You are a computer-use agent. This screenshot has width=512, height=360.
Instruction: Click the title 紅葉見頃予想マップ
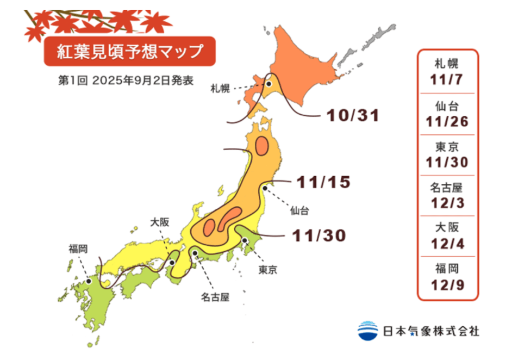click(x=130, y=52)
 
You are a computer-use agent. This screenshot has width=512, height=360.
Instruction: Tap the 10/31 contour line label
click(x=352, y=115)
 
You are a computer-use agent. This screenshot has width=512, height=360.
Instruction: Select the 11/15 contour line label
click(x=322, y=182)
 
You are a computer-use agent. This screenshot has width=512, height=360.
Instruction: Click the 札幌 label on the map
click(x=220, y=89)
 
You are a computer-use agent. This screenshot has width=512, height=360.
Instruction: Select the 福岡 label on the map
click(x=78, y=249)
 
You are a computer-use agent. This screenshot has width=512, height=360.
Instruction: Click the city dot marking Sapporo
click(x=269, y=84)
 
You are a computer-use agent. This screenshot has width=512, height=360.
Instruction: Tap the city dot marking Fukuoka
click(x=89, y=281)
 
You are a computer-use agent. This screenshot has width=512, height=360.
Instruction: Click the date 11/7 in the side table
click(x=447, y=79)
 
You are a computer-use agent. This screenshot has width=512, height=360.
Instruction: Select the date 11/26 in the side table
click(x=447, y=121)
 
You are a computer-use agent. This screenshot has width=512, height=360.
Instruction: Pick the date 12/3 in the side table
click(x=447, y=203)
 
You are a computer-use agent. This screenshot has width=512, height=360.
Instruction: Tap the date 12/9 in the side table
click(x=447, y=285)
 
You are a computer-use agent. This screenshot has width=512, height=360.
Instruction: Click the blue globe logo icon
click(x=368, y=330)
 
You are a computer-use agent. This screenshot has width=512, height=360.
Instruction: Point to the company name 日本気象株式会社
click(x=431, y=331)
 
